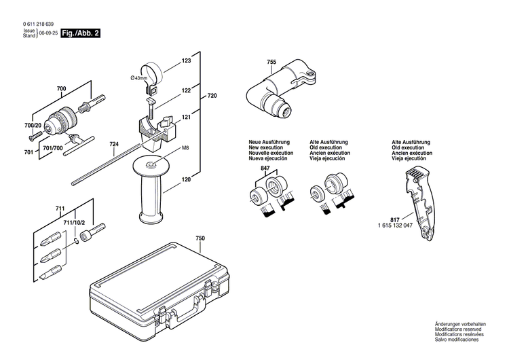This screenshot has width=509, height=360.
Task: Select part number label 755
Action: pyautogui.click(x=271, y=62)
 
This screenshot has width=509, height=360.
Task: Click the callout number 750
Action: pyautogui.click(x=200, y=238)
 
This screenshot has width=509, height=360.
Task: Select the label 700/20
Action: pyautogui.click(x=33, y=126)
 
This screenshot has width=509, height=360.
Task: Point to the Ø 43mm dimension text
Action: pyautogui.click(x=138, y=79)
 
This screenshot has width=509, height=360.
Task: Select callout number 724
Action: pyautogui.click(x=114, y=144)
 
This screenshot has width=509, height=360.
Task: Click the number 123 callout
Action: pyautogui.click(x=186, y=62)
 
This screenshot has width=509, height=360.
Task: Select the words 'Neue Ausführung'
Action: pyautogui.click(x=269, y=142)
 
